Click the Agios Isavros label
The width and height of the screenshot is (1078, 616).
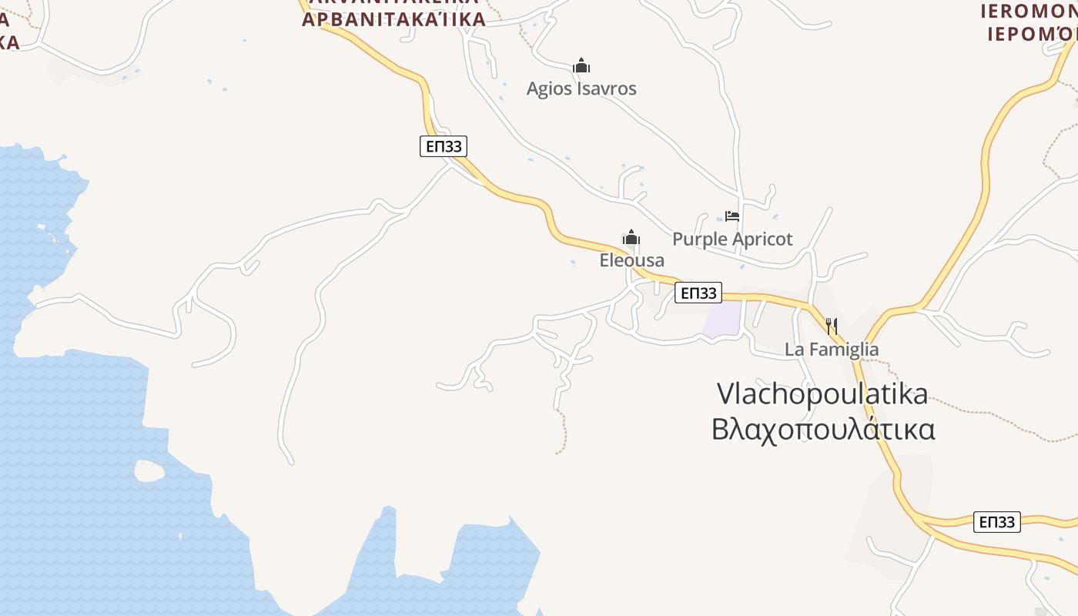click(x=581, y=89)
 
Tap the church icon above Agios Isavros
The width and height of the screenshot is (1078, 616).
click(x=581, y=65)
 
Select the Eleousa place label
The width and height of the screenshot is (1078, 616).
click(x=631, y=260)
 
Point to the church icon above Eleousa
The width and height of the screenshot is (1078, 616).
click(x=631, y=237)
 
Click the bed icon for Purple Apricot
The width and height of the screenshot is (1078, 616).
click(x=731, y=216)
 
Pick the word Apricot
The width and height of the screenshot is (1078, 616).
click(x=762, y=239)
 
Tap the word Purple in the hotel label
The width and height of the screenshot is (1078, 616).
click(x=700, y=239)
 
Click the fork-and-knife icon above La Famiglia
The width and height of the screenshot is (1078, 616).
click(x=832, y=326)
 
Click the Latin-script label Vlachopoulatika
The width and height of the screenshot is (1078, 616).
click(x=822, y=394)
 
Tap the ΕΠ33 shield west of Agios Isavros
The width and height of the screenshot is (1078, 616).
click(x=444, y=146)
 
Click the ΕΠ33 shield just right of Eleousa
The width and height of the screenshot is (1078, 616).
click(x=698, y=293)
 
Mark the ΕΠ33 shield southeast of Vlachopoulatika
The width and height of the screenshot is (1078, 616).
click(x=996, y=522)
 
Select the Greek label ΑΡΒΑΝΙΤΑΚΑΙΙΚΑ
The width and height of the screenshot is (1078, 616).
click(x=393, y=19)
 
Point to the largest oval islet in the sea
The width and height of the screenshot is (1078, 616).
click(x=149, y=470)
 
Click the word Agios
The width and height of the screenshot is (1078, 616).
click(x=548, y=89)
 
